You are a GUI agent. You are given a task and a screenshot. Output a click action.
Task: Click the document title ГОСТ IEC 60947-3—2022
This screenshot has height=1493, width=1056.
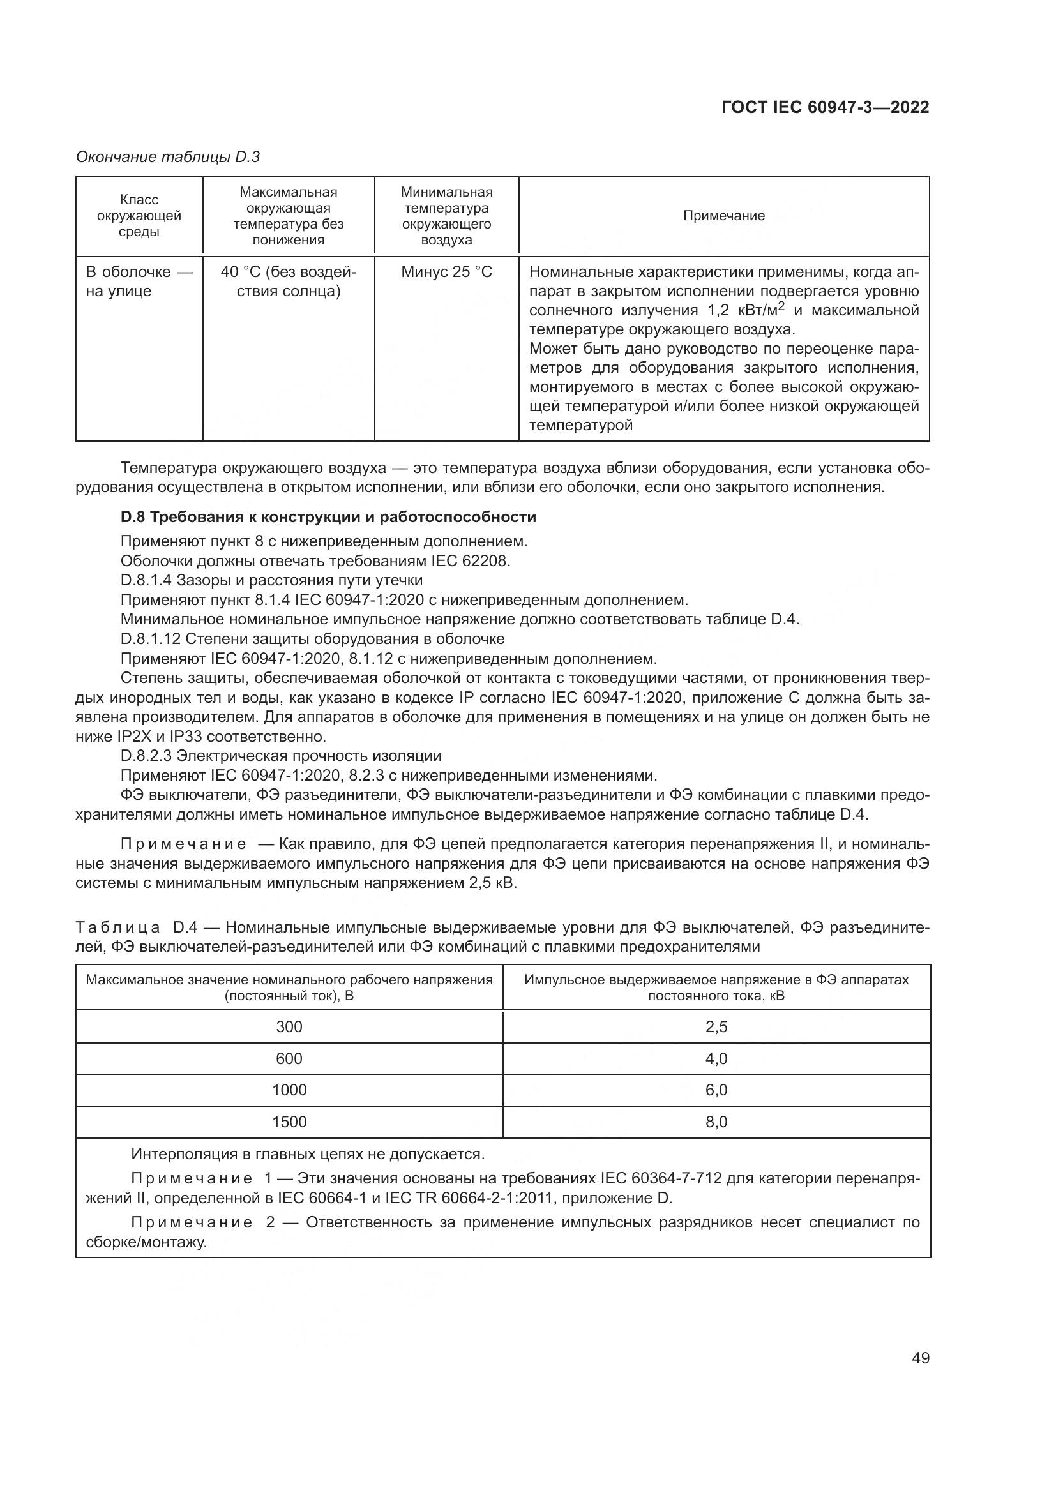coord(825,107)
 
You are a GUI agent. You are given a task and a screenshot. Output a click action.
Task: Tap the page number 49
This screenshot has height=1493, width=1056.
coord(920,1358)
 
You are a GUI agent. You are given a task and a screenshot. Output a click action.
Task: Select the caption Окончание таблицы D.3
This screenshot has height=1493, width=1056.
coord(168,157)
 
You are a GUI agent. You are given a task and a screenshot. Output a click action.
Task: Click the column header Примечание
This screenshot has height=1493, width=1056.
coord(724,216)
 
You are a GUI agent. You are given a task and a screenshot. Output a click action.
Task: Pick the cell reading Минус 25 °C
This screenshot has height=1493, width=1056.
coord(447,272)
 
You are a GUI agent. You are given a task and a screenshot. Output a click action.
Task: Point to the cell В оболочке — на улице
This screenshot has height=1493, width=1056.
coord(139,281)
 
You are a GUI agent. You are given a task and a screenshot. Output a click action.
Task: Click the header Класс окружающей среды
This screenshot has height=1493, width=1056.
coord(139,216)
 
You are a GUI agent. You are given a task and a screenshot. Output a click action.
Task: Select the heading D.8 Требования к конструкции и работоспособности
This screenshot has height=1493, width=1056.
coord(328,517)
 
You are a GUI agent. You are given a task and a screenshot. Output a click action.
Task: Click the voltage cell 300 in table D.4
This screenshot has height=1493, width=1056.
coord(289,1027)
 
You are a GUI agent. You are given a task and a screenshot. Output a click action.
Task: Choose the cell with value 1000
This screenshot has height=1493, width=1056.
coord(289,1090)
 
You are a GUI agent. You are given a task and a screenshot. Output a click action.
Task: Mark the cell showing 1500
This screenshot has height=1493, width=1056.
coord(289,1122)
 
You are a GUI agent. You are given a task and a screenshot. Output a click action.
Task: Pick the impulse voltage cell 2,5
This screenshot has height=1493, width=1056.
coord(716,1027)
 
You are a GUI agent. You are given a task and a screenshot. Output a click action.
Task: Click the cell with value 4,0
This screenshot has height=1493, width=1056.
coord(716,1058)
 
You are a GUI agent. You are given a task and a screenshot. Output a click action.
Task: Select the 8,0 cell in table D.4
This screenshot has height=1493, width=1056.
coord(716,1122)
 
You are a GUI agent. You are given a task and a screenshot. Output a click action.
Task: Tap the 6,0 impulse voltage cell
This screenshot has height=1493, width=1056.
coord(716,1090)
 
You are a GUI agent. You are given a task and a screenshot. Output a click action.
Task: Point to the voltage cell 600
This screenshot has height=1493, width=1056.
coord(289,1058)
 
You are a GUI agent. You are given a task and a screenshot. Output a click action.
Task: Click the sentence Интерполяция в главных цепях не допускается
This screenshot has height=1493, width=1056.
coord(308,1154)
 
